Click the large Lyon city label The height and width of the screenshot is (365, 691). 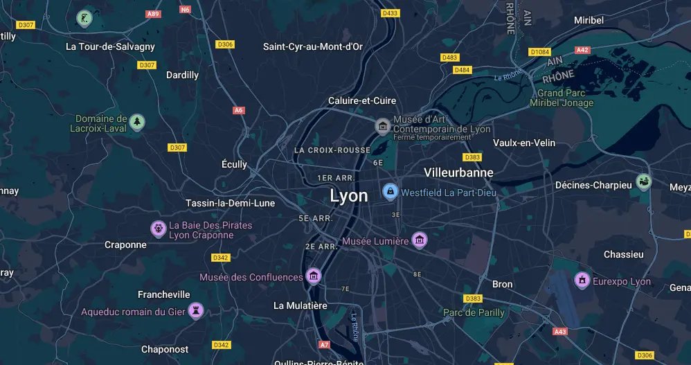point(349,196)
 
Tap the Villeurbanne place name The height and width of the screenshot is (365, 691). point(458,172)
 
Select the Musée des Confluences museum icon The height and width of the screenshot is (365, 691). point(314,276)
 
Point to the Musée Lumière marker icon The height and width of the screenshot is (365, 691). point(419,240)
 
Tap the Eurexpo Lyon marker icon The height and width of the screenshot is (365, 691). point(582,281)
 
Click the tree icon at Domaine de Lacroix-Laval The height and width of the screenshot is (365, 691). point(137,123)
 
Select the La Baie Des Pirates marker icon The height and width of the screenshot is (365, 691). point(159,229)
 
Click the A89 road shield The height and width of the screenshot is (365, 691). point(153,14)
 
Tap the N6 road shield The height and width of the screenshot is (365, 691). point(185,10)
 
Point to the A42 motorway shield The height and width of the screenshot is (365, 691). point(582,50)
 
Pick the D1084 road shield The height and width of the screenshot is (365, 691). point(539,52)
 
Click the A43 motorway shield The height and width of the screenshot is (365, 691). point(560,332)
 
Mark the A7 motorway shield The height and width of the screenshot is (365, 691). point(324,344)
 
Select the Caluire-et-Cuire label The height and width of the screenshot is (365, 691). point(362,101)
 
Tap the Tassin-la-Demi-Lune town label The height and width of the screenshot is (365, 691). point(230,203)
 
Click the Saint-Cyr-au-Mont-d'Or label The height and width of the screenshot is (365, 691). point(313,46)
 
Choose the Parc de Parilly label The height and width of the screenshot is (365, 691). point(474,312)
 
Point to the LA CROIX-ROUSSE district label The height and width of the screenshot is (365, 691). point(332,150)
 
